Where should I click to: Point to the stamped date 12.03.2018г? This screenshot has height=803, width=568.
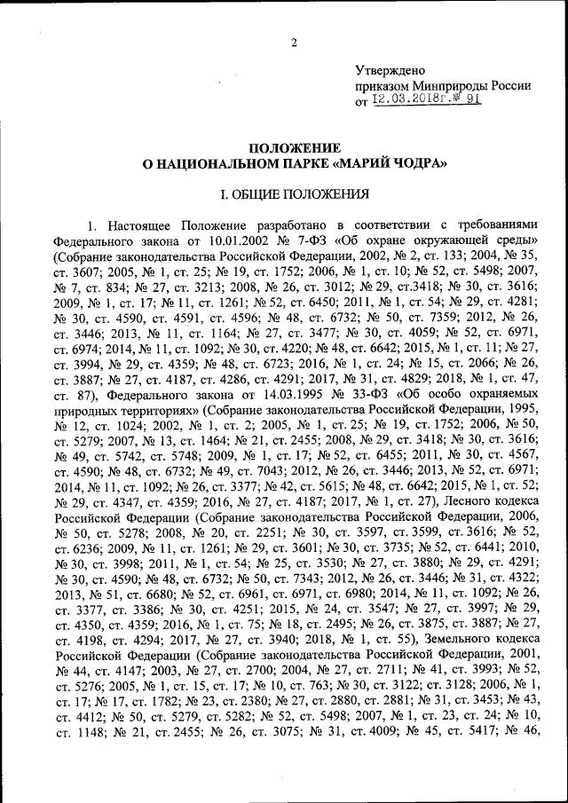click(x=411, y=101)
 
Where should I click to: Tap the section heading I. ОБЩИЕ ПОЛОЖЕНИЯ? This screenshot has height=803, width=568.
click(x=294, y=193)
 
